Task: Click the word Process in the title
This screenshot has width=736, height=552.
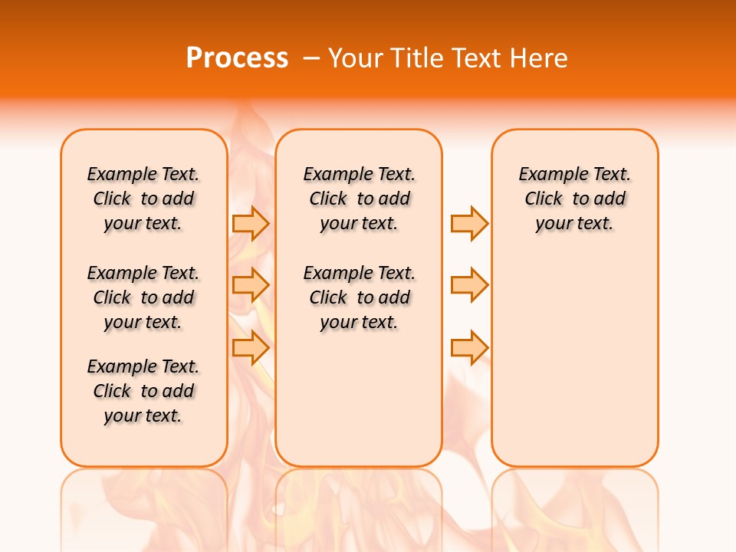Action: tap(237, 58)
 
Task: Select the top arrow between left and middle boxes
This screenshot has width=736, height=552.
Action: tap(251, 223)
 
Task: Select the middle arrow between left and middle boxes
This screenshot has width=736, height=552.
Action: tap(251, 285)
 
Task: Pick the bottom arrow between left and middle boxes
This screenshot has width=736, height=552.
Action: tap(251, 347)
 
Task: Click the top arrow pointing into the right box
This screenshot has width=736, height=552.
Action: tap(469, 223)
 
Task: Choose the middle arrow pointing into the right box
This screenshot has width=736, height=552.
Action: tap(469, 285)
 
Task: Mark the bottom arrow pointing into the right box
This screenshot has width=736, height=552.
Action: tap(469, 347)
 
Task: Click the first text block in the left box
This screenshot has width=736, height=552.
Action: tap(143, 199)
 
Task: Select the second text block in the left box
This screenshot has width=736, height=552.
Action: tap(143, 297)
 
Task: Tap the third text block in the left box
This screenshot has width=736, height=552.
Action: tap(143, 391)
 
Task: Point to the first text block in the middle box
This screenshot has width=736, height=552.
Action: tap(359, 199)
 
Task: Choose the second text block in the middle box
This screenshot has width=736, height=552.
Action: tap(359, 297)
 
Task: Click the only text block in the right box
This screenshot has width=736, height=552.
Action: tap(574, 199)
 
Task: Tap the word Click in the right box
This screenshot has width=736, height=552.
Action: tap(544, 199)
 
